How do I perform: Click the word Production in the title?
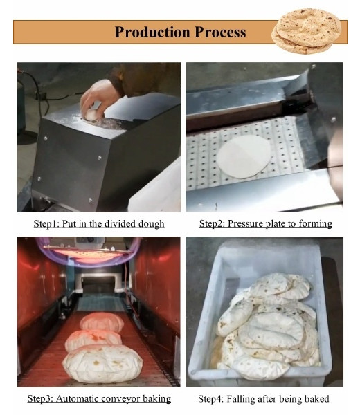[152, 32]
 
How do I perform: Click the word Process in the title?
[220, 32]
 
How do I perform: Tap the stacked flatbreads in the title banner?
[307, 31]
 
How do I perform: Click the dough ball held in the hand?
[92, 115]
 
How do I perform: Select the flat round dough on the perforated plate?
[244, 156]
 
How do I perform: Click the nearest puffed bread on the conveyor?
[102, 364]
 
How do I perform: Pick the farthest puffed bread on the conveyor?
[102, 321]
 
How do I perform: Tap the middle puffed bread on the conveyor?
[93, 340]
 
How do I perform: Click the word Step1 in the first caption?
[46, 224]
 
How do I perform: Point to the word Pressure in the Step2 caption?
[245, 224]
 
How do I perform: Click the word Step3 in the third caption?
[40, 398]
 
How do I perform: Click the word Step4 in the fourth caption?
[211, 398]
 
